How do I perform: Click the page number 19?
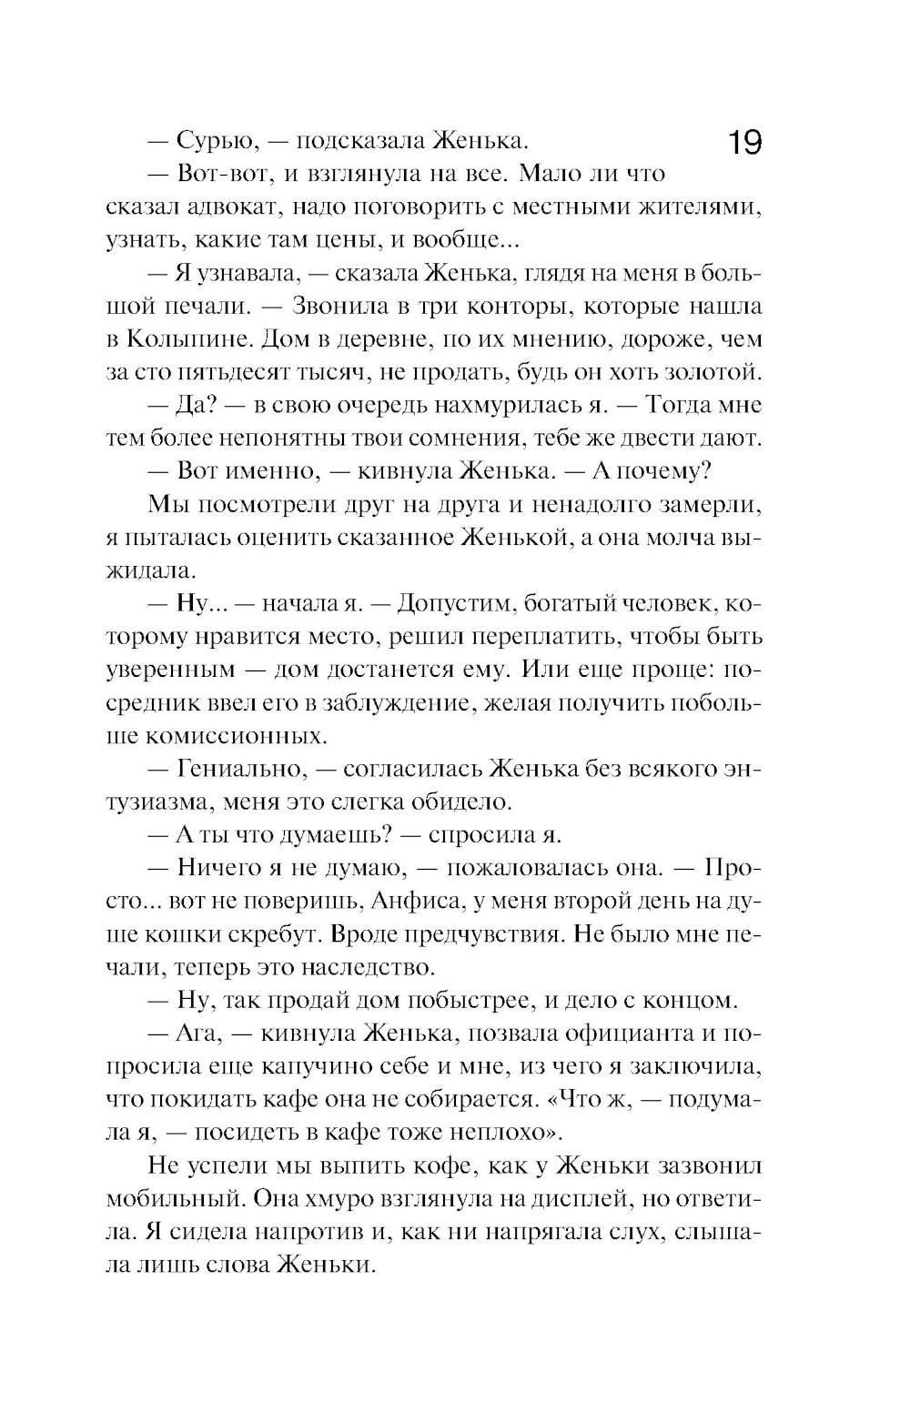click(744, 143)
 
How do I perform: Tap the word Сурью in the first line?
click(212, 141)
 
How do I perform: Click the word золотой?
click(716, 371)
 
